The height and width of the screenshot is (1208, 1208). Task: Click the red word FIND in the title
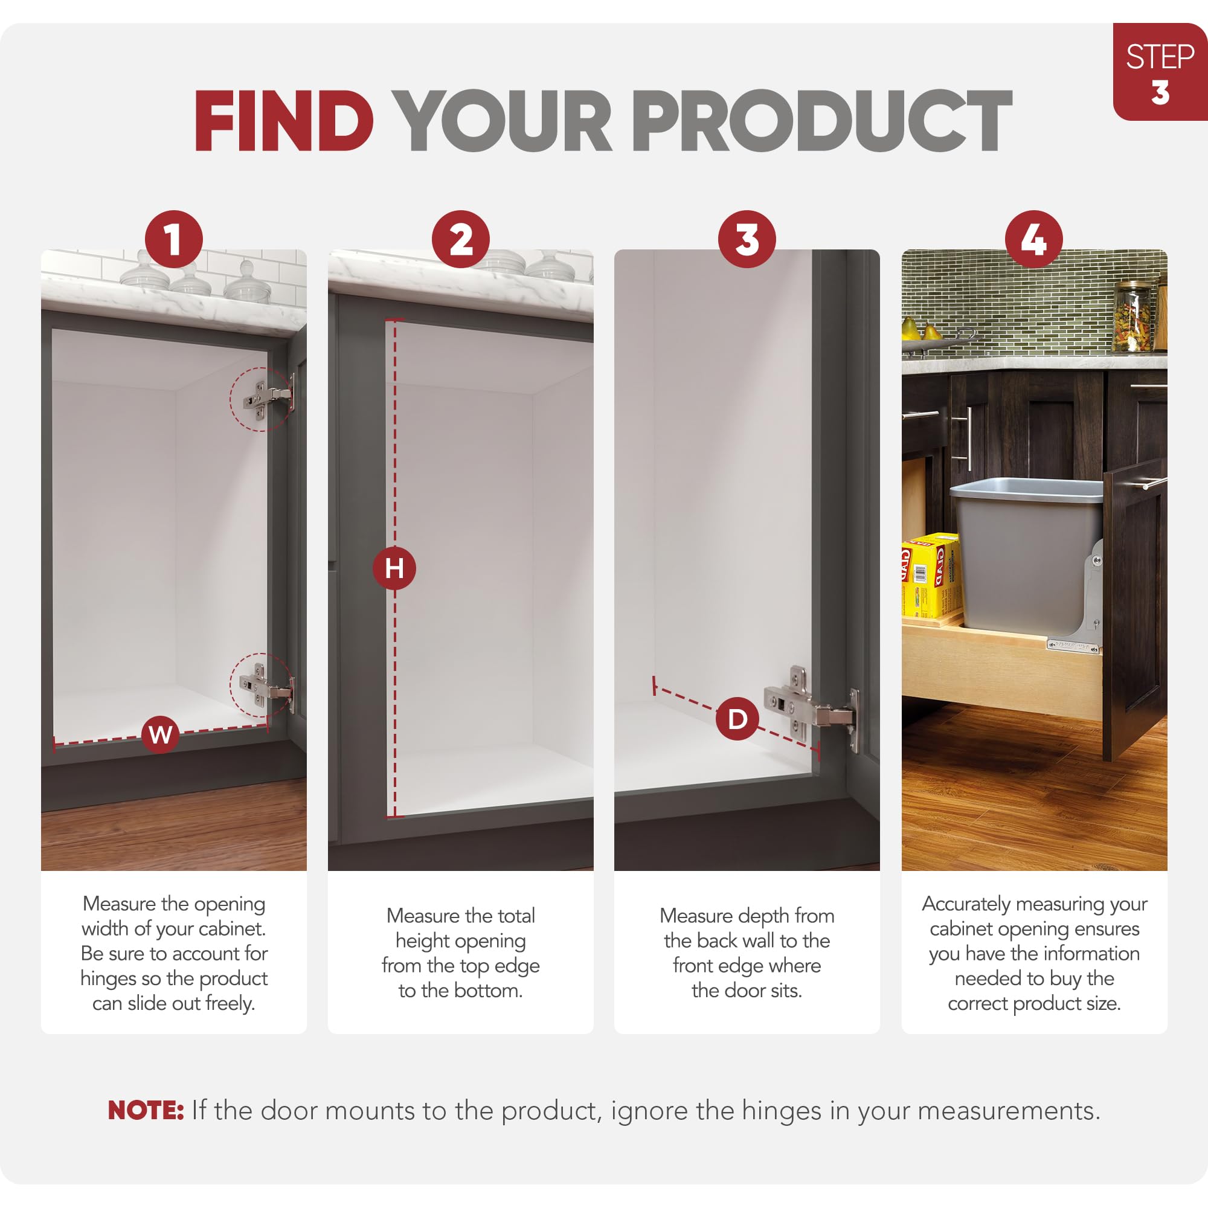284,121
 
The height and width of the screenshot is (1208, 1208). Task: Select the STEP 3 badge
1160,72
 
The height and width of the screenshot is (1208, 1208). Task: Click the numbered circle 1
174,239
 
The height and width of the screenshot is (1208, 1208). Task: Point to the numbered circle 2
461,239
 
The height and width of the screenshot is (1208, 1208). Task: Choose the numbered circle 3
747,239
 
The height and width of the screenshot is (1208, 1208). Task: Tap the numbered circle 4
1034,239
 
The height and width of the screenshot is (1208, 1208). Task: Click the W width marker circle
161,734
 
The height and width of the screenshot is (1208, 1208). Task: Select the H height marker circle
394,568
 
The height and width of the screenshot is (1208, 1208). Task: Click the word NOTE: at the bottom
146,1111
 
